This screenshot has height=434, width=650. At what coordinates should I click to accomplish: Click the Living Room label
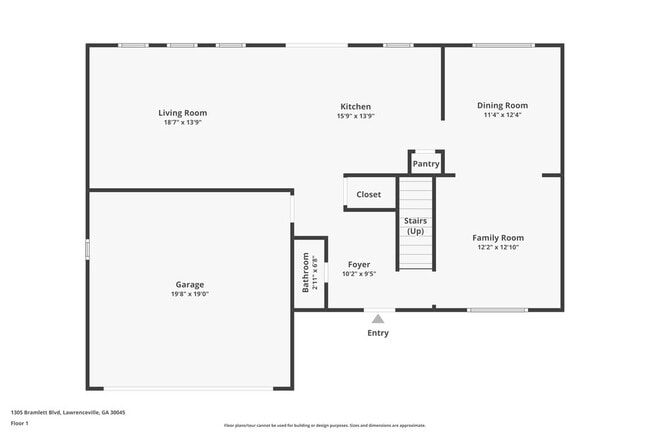point(184,113)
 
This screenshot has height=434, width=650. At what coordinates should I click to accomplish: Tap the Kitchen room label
point(356,106)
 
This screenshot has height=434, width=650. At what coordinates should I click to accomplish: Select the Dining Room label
point(502,105)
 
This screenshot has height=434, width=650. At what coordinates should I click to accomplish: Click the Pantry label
point(426,164)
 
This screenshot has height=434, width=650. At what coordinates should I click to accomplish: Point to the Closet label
point(368,194)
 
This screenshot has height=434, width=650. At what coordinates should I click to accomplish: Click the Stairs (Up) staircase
point(415,225)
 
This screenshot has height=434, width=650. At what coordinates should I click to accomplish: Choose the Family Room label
point(498,238)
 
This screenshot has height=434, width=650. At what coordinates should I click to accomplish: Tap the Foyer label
point(359,265)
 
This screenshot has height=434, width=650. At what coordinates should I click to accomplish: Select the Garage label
point(190,284)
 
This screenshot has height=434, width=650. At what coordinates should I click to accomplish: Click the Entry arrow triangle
point(378,318)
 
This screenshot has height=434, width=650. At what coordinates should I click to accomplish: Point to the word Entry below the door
point(378,333)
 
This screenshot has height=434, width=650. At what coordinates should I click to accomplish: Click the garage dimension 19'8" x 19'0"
point(190,295)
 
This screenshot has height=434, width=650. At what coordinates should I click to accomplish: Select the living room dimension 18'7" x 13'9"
point(184,122)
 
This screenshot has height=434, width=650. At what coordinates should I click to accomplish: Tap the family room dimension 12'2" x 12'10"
point(498,247)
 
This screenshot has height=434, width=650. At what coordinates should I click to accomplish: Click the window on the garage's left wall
point(88,249)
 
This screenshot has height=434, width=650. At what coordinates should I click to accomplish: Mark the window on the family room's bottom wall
point(497,310)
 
